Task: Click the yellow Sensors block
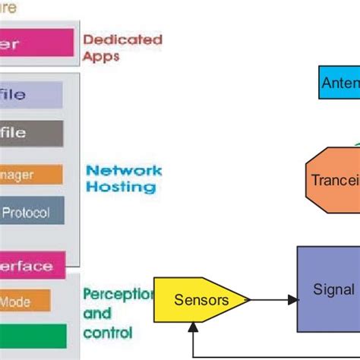tap(200, 300)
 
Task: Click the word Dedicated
tap(122, 39)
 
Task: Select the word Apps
tap(102, 56)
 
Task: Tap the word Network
tap(124, 170)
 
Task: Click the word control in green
tap(107, 332)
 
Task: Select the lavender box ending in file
tap(31, 95)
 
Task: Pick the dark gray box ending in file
tap(31, 133)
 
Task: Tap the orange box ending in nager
tap(30, 174)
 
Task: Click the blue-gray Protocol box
tap(31, 213)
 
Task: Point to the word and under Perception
tap(96, 314)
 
